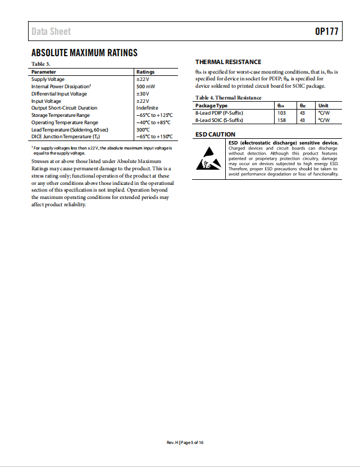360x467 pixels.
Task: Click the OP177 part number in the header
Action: (326, 31)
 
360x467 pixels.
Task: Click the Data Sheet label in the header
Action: (51, 31)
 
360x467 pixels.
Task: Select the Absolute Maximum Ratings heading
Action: (84, 53)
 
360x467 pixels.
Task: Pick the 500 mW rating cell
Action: (145, 87)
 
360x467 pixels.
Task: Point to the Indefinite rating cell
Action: (147, 108)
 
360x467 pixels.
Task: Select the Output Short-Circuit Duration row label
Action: (64, 108)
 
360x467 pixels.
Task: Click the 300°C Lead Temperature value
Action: (143, 129)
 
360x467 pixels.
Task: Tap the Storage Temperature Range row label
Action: (61, 115)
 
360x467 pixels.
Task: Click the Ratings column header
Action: (145, 72)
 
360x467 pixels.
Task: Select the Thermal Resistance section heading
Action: (228, 62)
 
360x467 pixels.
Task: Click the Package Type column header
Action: (211, 106)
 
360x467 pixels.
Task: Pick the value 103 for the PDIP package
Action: (281, 113)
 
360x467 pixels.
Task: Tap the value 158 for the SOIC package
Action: (281, 120)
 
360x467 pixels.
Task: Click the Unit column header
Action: (323, 106)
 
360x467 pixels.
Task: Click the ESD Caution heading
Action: (215, 135)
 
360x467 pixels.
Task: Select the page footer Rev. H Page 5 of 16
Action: (185, 443)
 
